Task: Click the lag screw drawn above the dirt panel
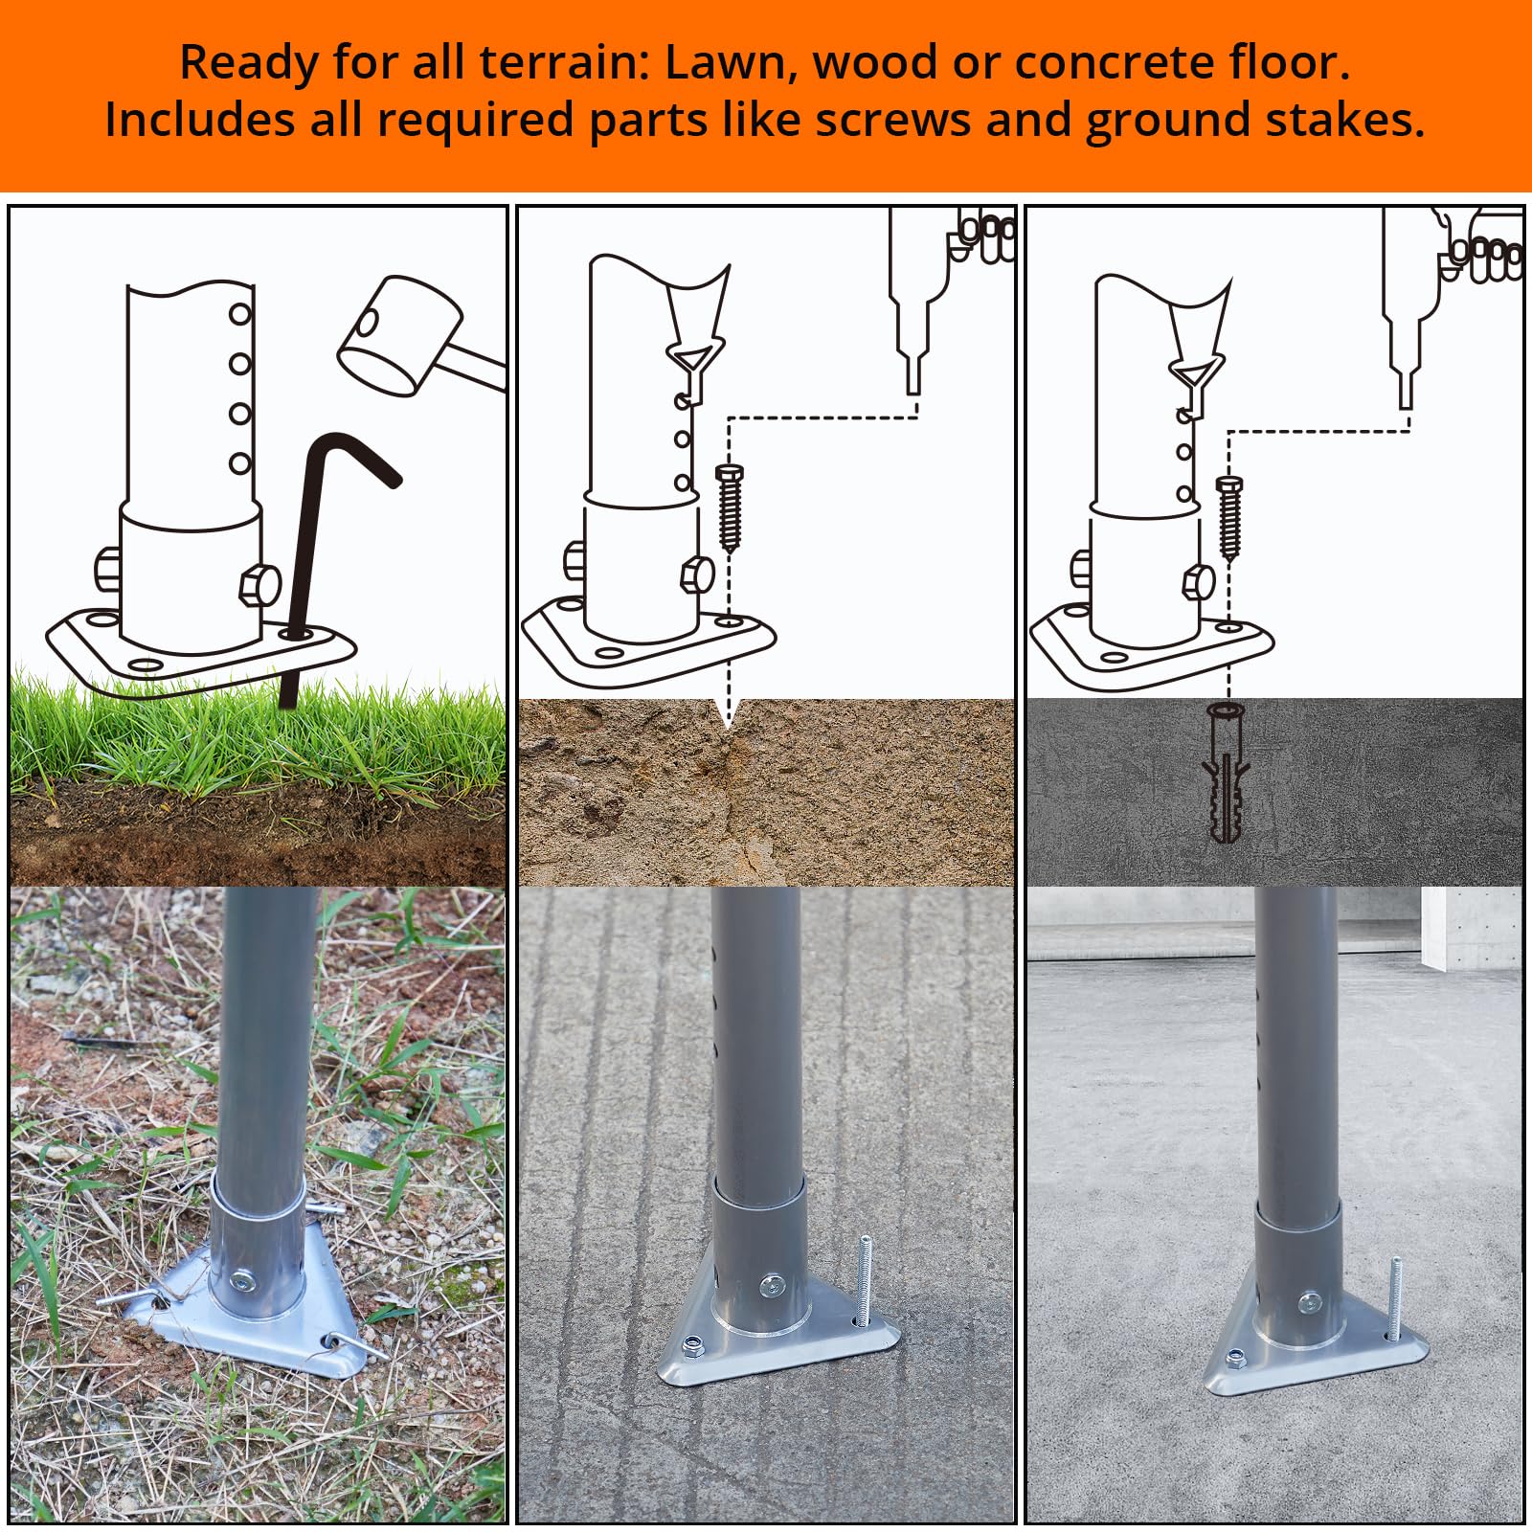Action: click(x=729, y=507)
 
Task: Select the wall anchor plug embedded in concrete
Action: click(x=1226, y=771)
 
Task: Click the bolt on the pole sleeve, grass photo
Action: click(x=244, y=1279)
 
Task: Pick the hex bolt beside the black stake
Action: click(x=259, y=584)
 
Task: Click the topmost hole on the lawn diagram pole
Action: click(x=239, y=313)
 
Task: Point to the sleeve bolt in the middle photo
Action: click(x=771, y=1285)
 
